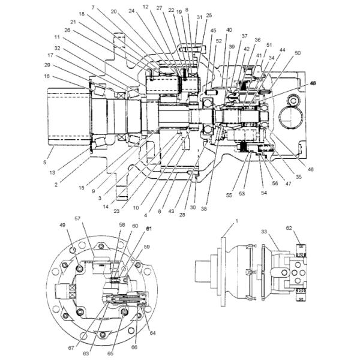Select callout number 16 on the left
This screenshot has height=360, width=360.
(x=47, y=76)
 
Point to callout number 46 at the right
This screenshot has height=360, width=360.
(x=311, y=170)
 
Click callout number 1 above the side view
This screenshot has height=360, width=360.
(x=236, y=221)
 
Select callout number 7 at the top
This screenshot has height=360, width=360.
(x=93, y=7)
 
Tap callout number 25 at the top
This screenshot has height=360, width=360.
(x=209, y=15)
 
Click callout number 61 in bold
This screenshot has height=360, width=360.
(x=151, y=229)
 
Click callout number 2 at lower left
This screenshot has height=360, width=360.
(x=56, y=185)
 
